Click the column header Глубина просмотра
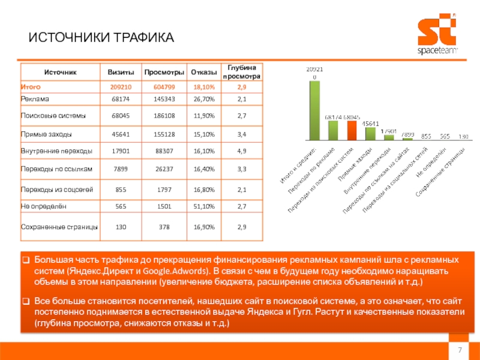coord(241,72)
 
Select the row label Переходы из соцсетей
coord(56,190)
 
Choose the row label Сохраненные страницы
coord(60,227)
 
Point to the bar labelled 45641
coord(370,133)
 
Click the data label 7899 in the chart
coord(408,134)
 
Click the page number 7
coord(460,350)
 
